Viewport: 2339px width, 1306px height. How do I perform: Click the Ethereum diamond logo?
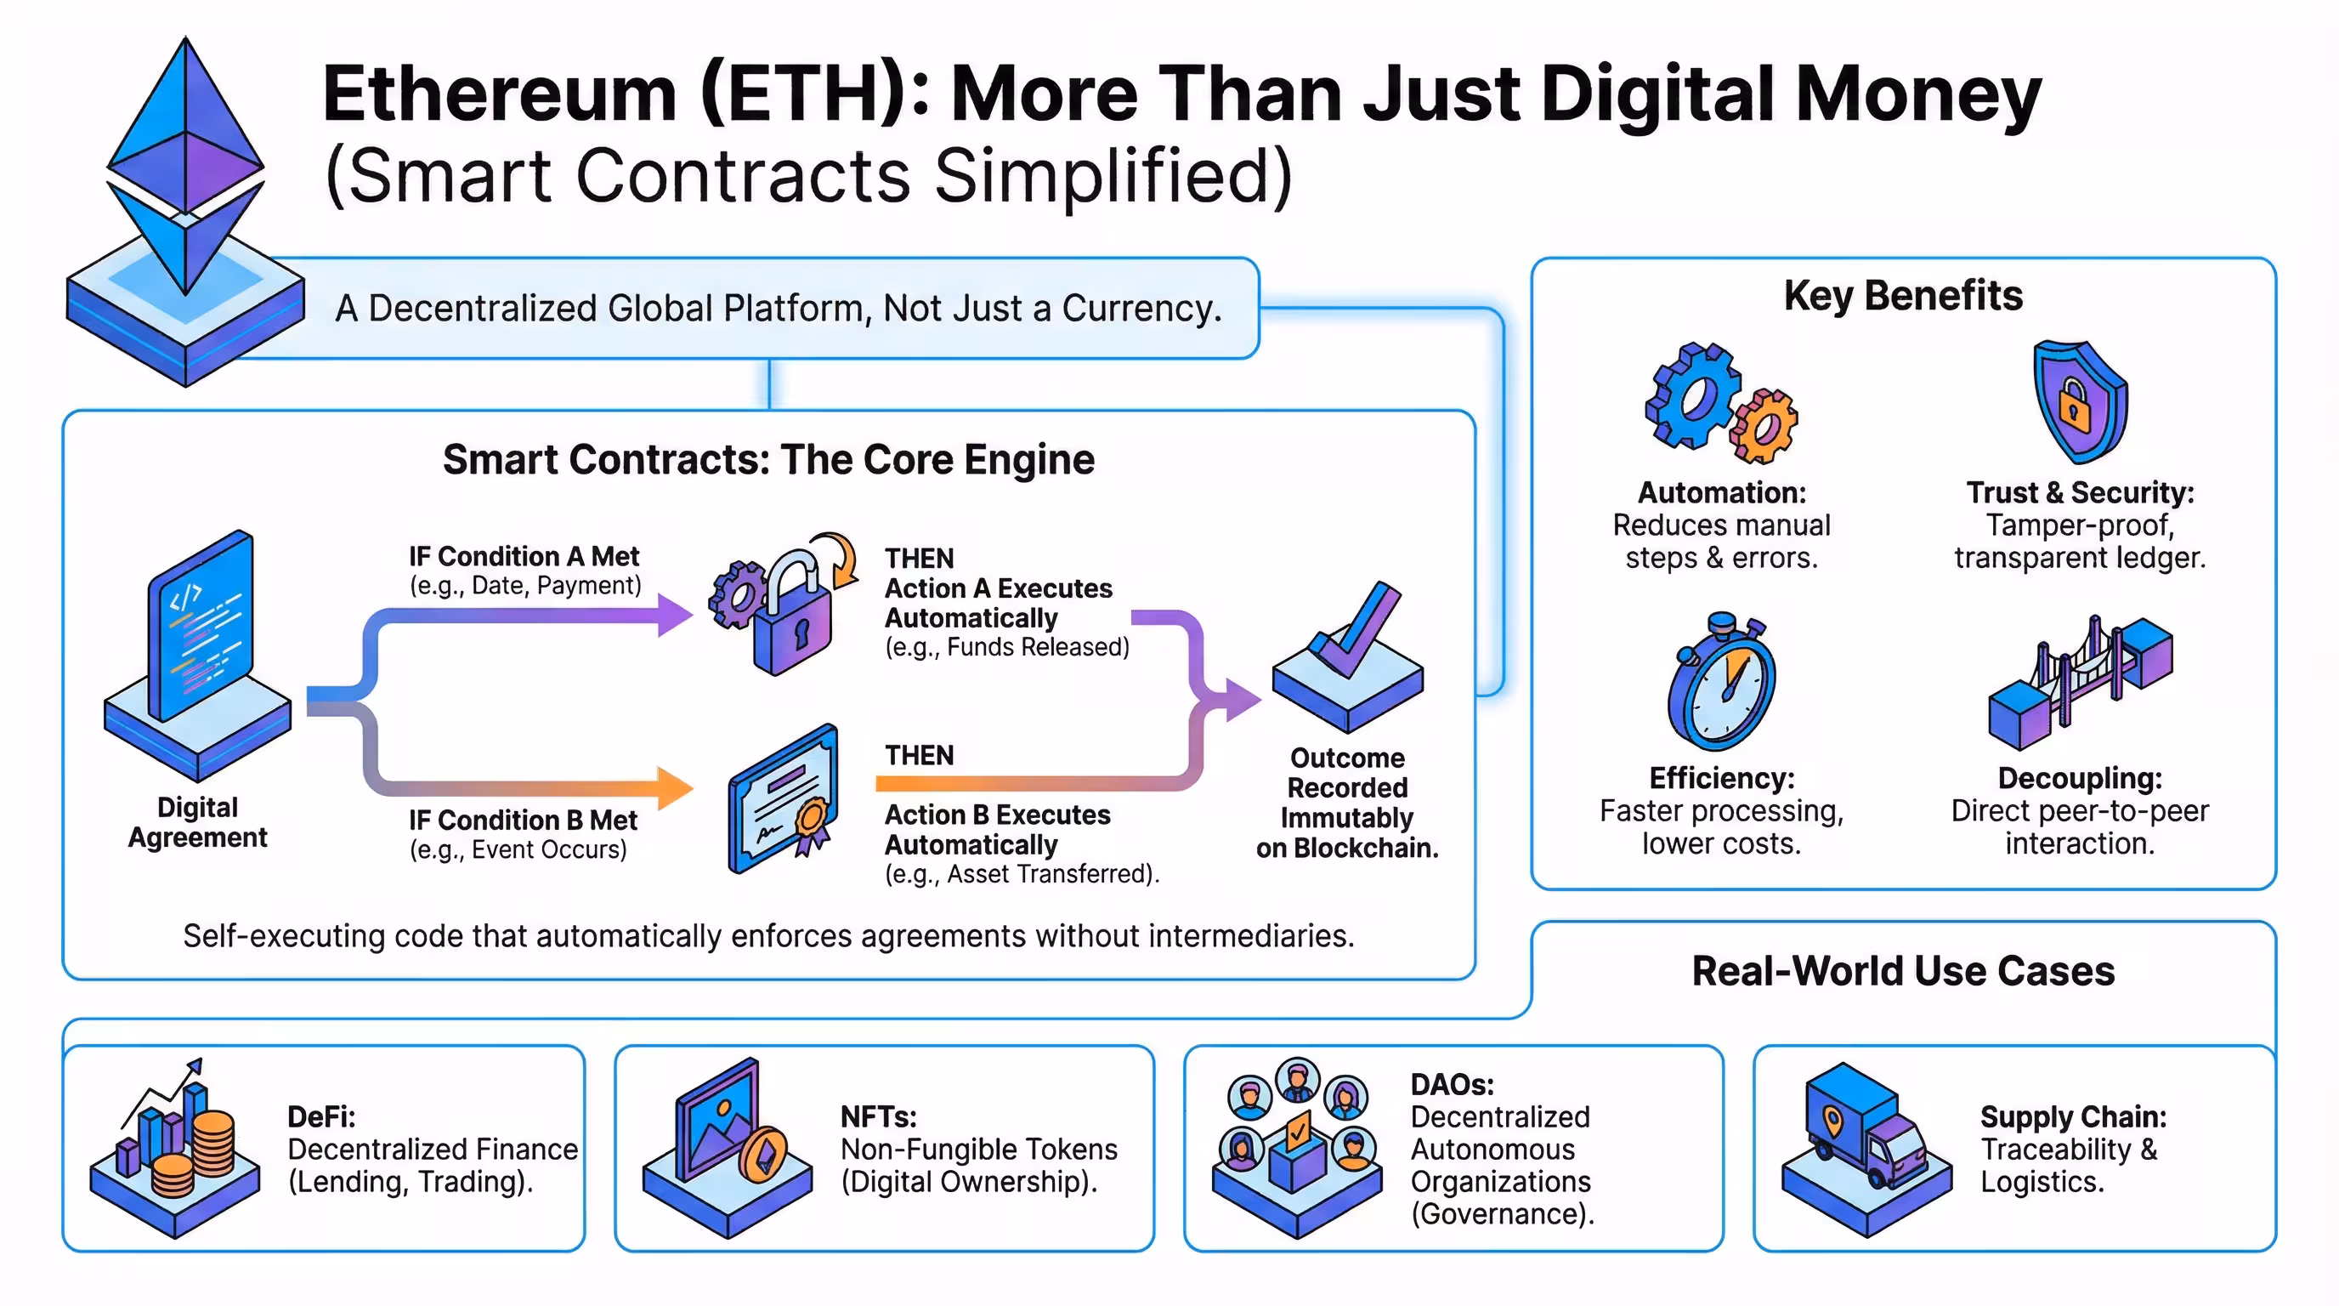pos(186,163)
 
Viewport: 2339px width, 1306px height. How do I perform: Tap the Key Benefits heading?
pos(1902,295)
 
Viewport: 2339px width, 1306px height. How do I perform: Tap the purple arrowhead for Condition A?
pos(674,615)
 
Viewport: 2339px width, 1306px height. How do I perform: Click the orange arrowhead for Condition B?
pos(674,787)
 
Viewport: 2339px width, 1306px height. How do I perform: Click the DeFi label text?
pos(321,1116)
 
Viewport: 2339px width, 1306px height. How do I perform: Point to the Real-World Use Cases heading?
pos(1902,971)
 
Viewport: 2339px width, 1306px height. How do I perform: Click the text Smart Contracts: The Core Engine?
pos(768,459)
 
